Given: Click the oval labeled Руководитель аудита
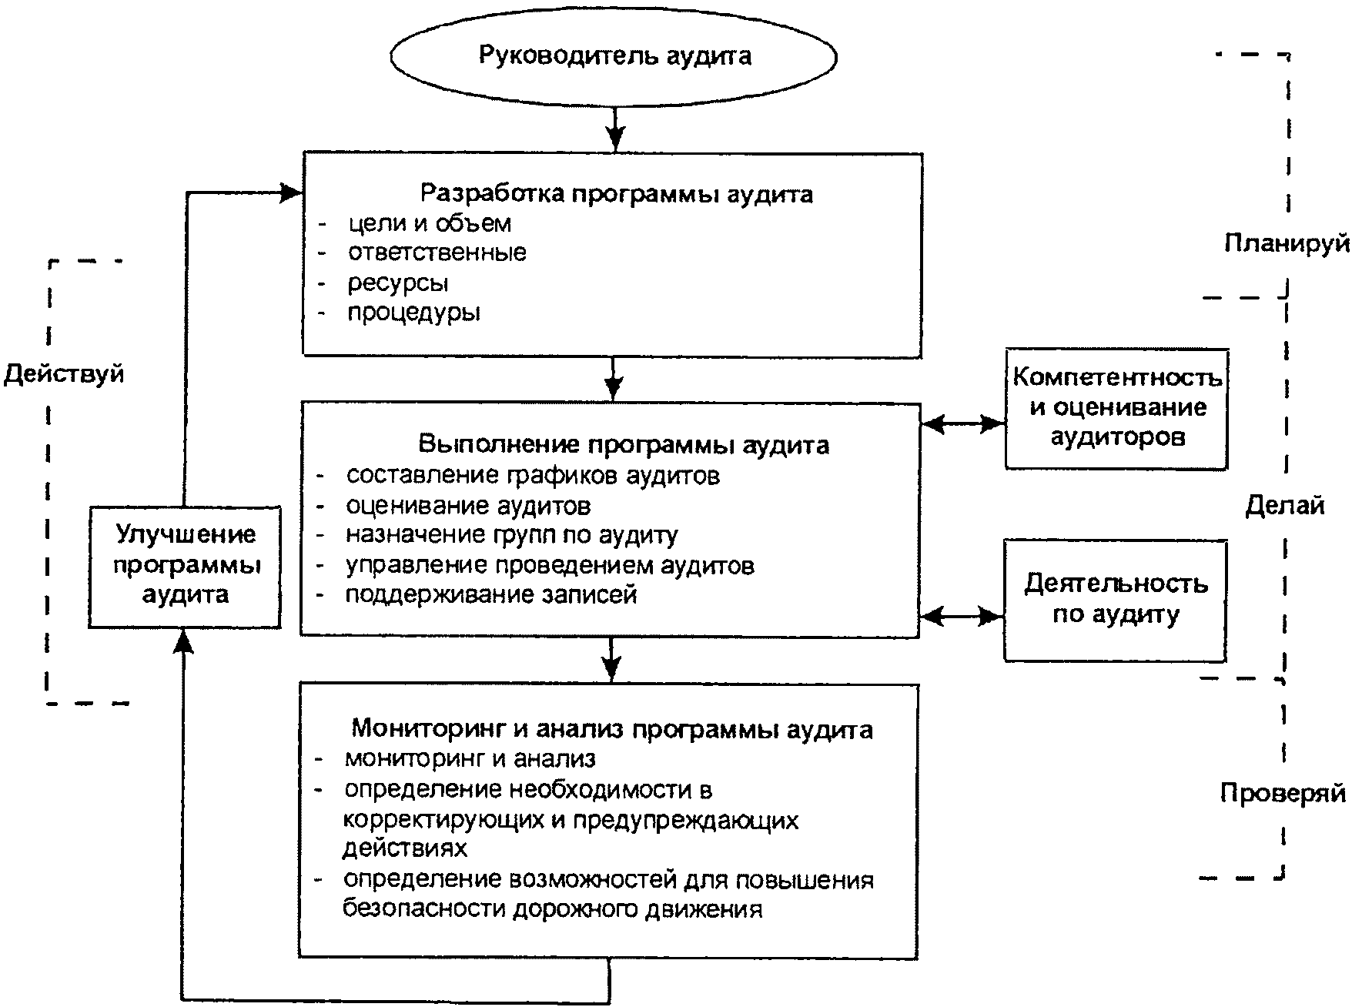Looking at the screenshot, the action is (x=614, y=56).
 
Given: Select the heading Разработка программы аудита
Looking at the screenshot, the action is (x=617, y=192).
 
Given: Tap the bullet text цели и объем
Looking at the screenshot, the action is (x=429, y=223).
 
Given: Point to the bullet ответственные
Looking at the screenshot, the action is (x=437, y=253).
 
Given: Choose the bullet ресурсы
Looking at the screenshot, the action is (x=398, y=283).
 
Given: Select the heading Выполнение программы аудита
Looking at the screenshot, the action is (x=624, y=445).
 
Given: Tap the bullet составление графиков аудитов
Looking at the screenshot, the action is (x=533, y=476).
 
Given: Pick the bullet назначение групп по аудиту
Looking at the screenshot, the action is (x=512, y=535).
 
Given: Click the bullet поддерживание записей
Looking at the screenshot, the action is (x=491, y=594).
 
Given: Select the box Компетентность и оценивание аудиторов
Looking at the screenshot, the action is (x=1116, y=409).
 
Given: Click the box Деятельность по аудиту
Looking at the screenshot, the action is (x=1115, y=600).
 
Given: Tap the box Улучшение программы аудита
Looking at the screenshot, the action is (x=185, y=567).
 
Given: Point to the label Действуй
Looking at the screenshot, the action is (x=64, y=375).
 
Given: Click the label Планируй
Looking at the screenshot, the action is (x=1287, y=243).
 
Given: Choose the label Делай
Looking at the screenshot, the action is (x=1285, y=506).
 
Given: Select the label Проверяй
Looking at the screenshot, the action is (x=1283, y=793).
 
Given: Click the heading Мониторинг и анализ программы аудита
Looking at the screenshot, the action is (x=612, y=729).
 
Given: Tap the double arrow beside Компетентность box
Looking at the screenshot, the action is (x=963, y=423).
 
